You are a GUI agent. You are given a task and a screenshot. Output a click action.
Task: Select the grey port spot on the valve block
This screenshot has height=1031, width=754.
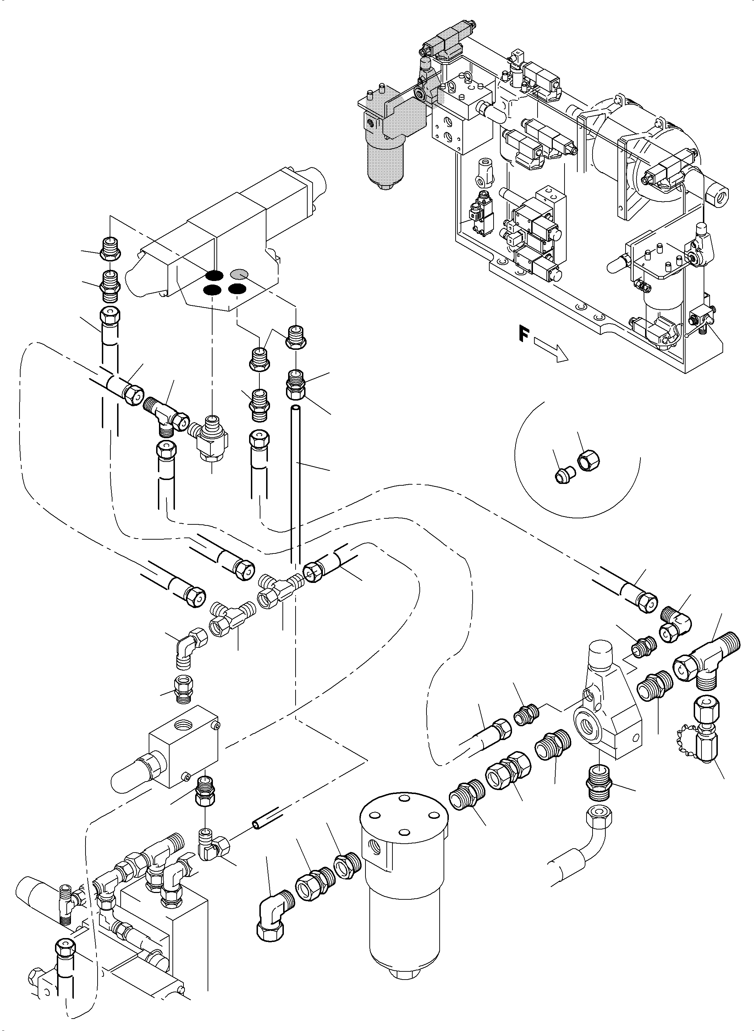[x=239, y=274]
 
